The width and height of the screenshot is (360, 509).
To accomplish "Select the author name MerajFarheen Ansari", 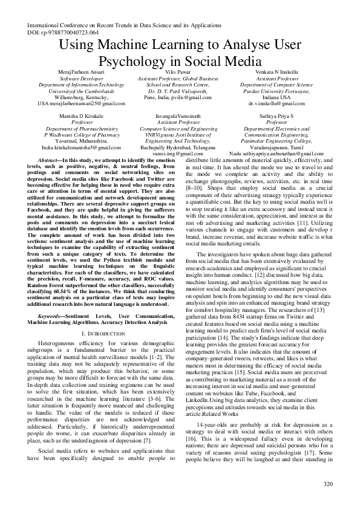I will (80, 72).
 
